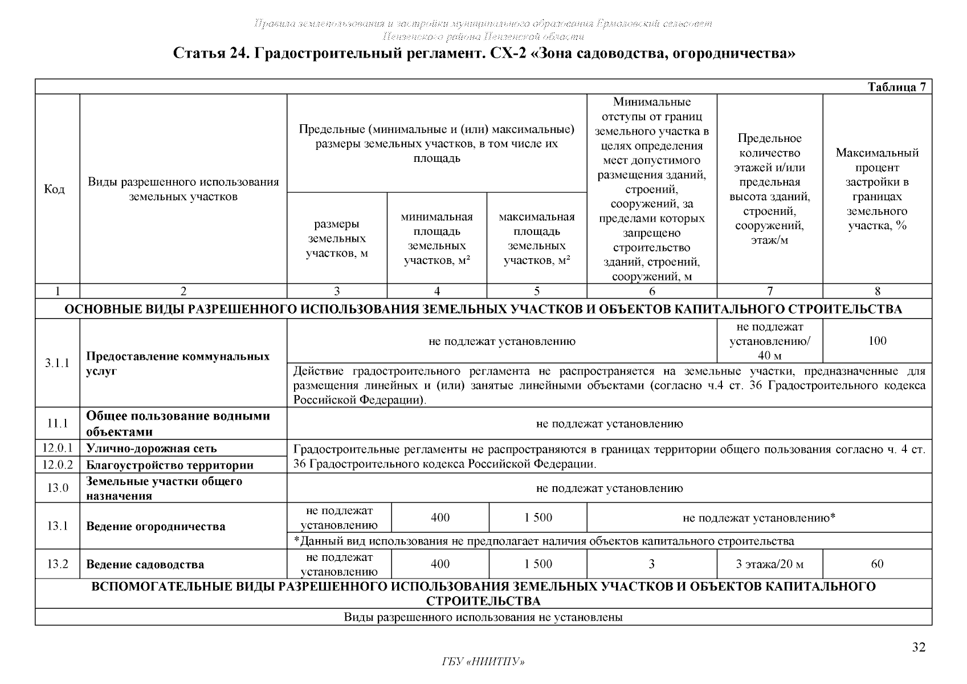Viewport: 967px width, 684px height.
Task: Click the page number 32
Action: coord(919,648)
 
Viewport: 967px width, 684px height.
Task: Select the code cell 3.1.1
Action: coord(57,363)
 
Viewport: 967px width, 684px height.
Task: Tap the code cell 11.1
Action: coord(57,424)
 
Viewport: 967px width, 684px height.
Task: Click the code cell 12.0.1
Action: coord(57,448)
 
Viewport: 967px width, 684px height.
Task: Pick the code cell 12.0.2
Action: coord(57,465)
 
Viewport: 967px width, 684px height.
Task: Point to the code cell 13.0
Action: coord(57,488)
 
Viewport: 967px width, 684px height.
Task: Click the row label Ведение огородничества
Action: coord(156,526)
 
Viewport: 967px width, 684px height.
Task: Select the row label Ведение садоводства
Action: coord(145,565)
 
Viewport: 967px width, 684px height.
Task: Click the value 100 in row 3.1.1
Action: coord(877,341)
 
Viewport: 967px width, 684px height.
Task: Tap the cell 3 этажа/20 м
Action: coord(769,564)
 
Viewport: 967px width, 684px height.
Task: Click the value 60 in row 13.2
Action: coord(877,564)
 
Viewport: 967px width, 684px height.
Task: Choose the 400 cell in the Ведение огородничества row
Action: coord(440,518)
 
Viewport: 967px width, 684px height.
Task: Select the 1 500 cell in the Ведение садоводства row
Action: coord(538,564)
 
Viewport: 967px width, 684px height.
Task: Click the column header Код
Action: coord(54,189)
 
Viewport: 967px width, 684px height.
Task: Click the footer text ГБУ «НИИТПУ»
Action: coord(483,662)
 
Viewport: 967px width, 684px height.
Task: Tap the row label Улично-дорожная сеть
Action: coord(151,449)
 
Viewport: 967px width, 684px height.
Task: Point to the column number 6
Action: coord(651,291)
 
